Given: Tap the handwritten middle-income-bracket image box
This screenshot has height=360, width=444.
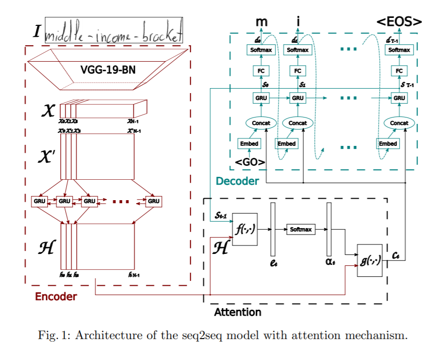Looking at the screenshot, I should click(114, 31).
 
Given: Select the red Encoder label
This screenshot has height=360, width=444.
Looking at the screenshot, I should click(56, 297).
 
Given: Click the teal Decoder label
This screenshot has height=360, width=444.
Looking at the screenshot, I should click(237, 181).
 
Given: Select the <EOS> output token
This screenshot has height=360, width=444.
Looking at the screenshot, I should click(399, 21).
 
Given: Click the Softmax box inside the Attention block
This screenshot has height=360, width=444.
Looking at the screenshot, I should click(301, 230).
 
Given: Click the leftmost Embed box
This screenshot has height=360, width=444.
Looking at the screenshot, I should click(249, 144).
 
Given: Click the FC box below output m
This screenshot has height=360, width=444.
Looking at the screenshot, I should click(261, 71).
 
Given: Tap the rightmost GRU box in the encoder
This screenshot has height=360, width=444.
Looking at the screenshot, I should click(153, 201).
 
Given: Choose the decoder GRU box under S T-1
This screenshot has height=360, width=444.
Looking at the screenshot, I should click(399, 98).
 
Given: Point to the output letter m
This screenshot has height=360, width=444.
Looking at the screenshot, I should click(261, 22).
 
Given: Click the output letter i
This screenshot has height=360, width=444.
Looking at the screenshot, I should click(298, 21).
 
